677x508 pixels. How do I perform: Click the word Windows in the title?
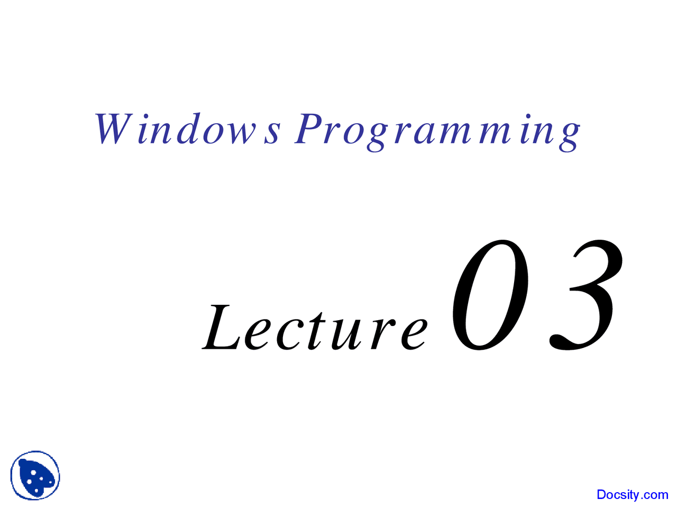(188, 130)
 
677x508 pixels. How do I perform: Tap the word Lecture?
(315, 328)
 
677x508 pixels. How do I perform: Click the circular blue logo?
(35, 475)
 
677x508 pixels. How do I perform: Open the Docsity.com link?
(632, 495)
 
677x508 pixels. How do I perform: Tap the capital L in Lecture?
(220, 328)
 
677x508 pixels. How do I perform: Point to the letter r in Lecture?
(381, 333)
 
